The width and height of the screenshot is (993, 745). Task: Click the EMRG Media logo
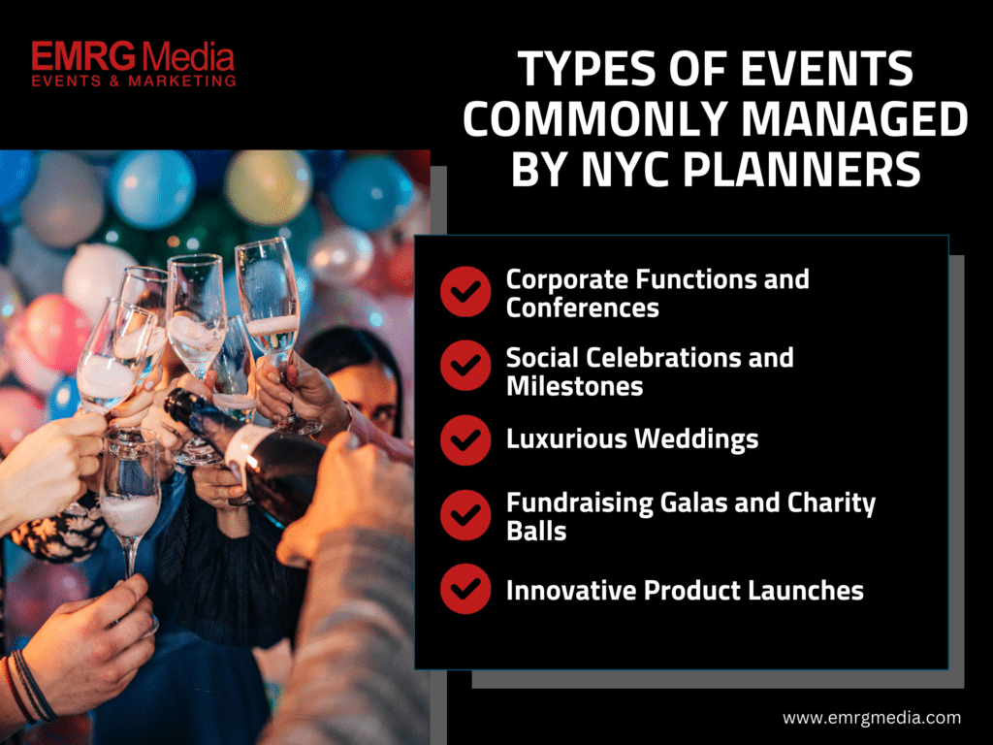(x=133, y=64)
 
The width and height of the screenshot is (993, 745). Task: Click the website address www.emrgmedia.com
(x=872, y=718)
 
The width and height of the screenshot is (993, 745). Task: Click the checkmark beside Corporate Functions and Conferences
(x=465, y=291)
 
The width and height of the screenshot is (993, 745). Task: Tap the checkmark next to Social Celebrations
(x=465, y=366)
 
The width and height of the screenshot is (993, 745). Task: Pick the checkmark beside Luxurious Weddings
(x=465, y=440)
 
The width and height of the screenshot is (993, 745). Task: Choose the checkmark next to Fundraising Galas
(x=465, y=514)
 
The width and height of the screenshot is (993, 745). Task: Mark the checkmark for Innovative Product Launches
(x=465, y=589)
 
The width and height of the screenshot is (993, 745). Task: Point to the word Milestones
(x=574, y=386)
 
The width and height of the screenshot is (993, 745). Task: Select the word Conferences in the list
(x=583, y=308)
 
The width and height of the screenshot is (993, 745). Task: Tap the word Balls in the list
(x=536, y=531)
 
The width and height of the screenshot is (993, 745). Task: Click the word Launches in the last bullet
(x=806, y=591)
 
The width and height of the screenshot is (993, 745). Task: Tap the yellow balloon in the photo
(x=268, y=186)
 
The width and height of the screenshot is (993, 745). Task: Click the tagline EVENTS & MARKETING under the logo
(x=134, y=81)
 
